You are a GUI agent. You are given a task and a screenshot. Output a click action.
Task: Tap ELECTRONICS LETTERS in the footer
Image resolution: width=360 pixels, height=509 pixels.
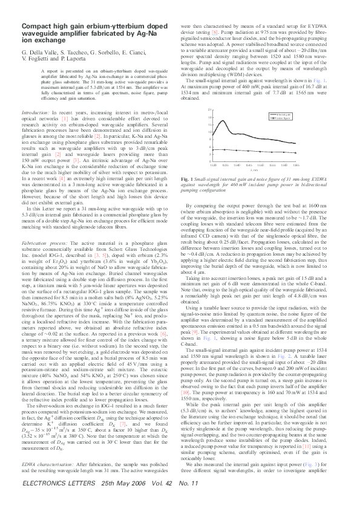tap(58, 501)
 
